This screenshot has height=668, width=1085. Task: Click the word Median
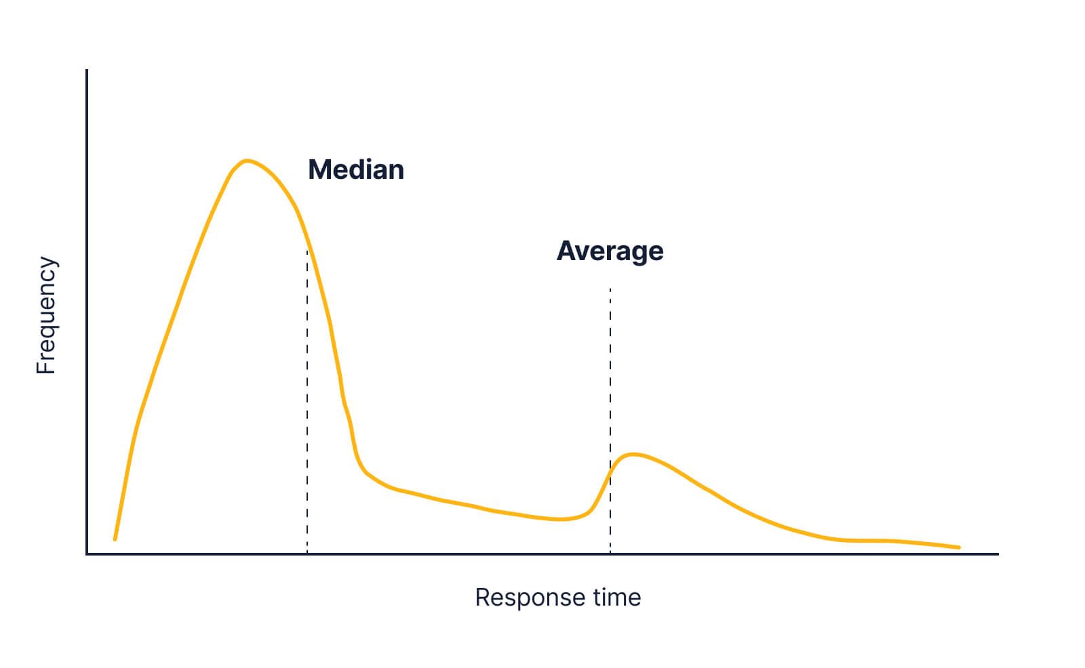pos(356,169)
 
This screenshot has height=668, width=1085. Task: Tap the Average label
pos(610,251)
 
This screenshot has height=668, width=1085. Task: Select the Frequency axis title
pos(46,315)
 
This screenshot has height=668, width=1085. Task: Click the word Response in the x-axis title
pos(526,598)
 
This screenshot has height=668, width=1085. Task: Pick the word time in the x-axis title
pos(616,598)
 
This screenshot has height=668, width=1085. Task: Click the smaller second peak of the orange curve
pos(633,454)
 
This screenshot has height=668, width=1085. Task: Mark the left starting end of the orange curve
pos(115,539)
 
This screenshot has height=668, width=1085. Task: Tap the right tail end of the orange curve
pos(959,547)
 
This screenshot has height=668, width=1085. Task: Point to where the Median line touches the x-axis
pos(307,554)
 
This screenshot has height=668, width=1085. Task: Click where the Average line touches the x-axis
pos(610,554)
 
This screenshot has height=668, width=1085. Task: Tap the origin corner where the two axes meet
pos(87,554)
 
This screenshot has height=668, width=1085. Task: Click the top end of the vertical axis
pos(87,70)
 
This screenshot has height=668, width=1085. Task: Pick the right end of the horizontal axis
pos(998,554)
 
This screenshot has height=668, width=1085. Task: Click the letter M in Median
pos(319,169)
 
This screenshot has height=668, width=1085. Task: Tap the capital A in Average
pos(566,251)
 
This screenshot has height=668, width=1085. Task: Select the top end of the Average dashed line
pos(610,289)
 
